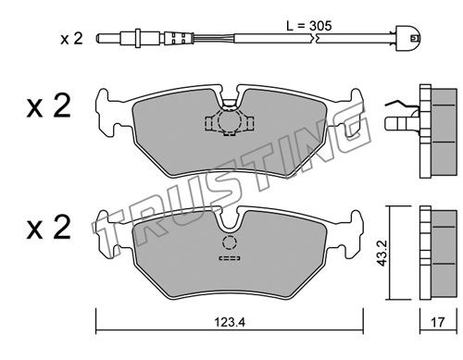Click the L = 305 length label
coord(309,26)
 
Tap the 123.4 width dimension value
coord(230,323)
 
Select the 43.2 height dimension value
coord(382,254)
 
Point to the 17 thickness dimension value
coord(438,323)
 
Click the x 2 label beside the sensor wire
coord(71,39)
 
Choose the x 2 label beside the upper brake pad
coord(49,106)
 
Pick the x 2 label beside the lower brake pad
coord(49,228)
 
